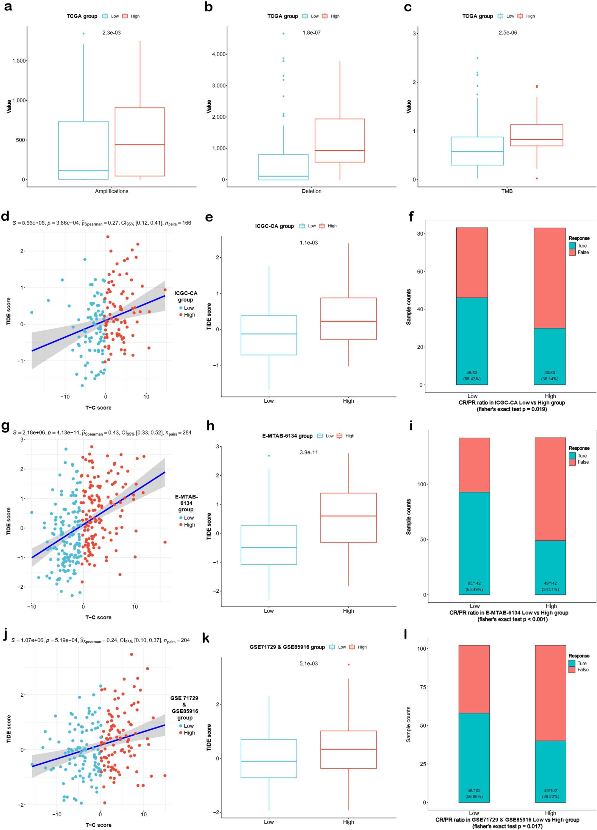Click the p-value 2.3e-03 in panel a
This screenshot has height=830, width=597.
(x=112, y=33)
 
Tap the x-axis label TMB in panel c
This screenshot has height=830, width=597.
(x=506, y=191)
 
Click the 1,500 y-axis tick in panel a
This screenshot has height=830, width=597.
(x=19, y=61)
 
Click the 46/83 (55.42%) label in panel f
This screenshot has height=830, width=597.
(x=472, y=375)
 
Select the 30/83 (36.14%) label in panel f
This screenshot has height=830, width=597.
(x=550, y=375)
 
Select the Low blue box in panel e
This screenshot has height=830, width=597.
(x=269, y=335)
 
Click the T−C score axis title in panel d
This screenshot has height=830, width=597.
(x=98, y=408)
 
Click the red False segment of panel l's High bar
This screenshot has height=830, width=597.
(x=550, y=693)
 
